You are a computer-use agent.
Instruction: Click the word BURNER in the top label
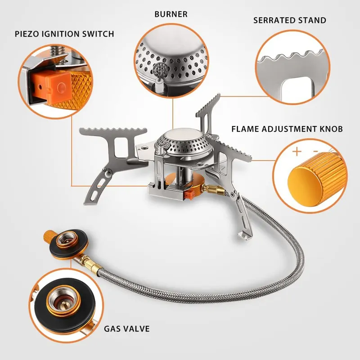(171, 14)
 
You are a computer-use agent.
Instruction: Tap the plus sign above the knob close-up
(297, 152)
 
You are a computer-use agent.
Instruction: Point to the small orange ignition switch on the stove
(191, 195)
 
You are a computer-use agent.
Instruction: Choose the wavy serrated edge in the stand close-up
(292, 58)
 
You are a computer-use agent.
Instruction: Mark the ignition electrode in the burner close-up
(158, 70)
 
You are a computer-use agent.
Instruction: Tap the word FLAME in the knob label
(246, 129)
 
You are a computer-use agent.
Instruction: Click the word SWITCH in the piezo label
(99, 34)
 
